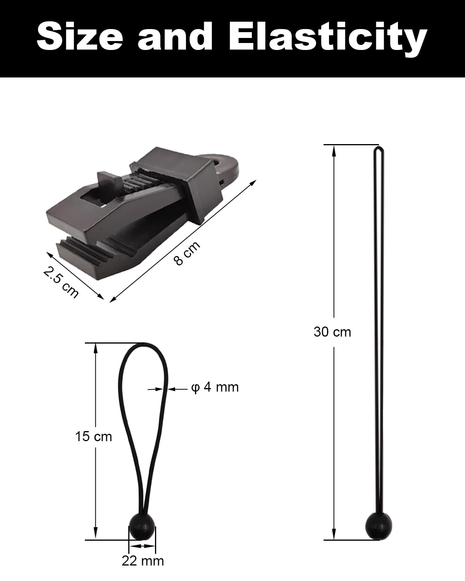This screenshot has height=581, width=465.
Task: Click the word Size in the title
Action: (x=80, y=36)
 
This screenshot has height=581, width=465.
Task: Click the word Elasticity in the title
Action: (x=328, y=39)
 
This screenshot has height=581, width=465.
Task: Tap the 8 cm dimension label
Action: (x=187, y=253)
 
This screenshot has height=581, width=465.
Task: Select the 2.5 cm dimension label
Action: (x=60, y=282)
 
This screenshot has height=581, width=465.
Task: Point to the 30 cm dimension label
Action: (x=332, y=332)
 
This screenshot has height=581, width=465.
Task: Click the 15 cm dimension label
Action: (x=93, y=437)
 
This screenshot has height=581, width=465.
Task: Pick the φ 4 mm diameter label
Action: (x=215, y=387)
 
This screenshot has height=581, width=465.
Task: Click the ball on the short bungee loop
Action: (x=142, y=526)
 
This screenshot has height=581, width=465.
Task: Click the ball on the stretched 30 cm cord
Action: (x=378, y=526)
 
